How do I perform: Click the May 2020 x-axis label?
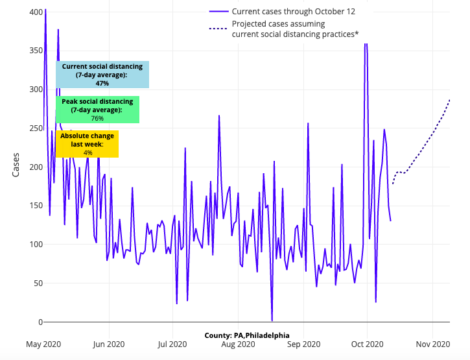[x=43, y=344]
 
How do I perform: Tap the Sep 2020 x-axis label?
[x=303, y=344]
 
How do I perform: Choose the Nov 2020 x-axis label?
[x=433, y=344]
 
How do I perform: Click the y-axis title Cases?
[x=16, y=165]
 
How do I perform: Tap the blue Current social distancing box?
[x=102, y=75]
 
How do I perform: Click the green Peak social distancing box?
[x=97, y=110]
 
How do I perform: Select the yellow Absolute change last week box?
[x=87, y=144]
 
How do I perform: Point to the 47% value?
[x=102, y=84]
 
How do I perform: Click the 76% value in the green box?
[x=97, y=119]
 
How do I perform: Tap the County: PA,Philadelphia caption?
[x=247, y=335]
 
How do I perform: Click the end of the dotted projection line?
[x=449, y=100]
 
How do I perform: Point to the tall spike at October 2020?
[x=366, y=44]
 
